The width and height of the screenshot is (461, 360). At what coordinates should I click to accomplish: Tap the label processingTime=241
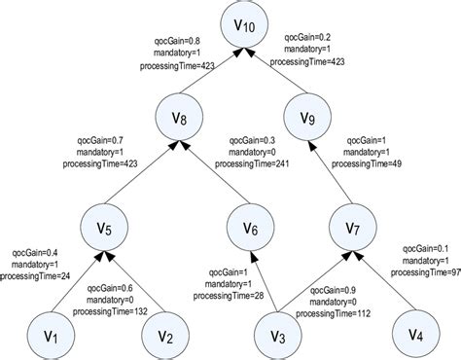(x=261, y=164)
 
